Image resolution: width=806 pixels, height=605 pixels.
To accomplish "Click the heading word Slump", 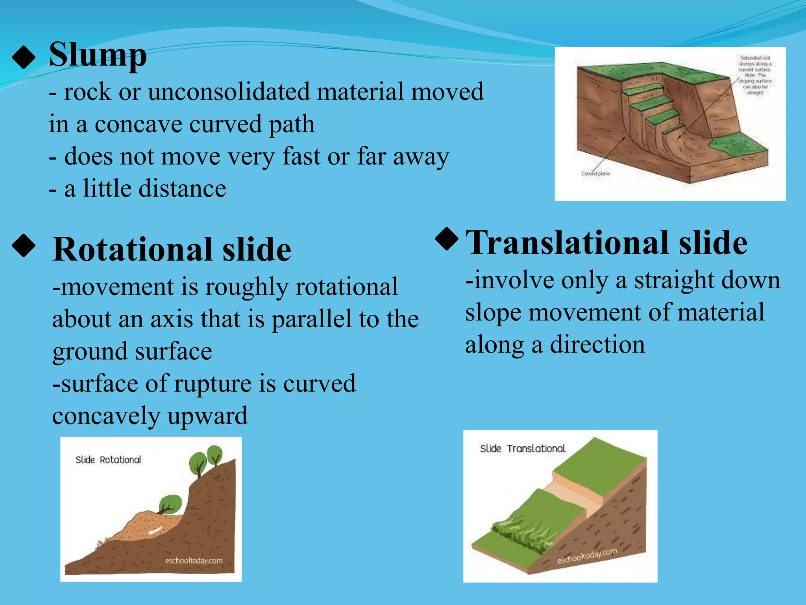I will coord(98,55).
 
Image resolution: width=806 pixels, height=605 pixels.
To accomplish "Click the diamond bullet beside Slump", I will coord(24,58).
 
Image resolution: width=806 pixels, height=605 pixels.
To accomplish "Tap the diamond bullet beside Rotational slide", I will coord(24,246).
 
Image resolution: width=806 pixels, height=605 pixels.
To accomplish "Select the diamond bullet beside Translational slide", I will coord(447,239).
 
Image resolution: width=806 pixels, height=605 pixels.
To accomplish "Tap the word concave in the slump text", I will coord(139,124).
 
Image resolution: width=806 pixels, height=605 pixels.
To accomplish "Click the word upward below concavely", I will coord(207,416).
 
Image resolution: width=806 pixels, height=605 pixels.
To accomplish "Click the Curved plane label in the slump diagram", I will coord(595,173).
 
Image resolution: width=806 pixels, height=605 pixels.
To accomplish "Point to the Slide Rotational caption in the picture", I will coord(108,460).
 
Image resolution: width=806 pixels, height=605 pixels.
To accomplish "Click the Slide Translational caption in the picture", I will coord(523,449).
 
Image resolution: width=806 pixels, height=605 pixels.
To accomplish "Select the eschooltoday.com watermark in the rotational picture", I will coord(194,560).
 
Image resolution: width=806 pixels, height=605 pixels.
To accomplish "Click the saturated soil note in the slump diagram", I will coord(755,75).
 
